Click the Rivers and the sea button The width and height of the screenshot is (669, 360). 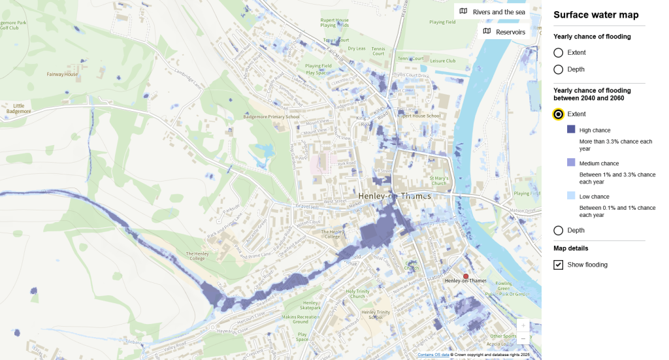click(x=491, y=11)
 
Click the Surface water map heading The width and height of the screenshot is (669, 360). click(x=596, y=15)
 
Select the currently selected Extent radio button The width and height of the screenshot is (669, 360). click(x=558, y=114)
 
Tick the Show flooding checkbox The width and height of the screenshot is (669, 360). click(x=559, y=265)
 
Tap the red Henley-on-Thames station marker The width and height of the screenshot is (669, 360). click(x=466, y=276)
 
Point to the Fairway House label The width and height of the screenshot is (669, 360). click(x=62, y=74)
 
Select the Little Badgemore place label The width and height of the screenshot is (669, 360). click(x=18, y=108)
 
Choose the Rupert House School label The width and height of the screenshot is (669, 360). click(x=419, y=116)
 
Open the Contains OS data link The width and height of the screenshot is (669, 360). click(x=433, y=355)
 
